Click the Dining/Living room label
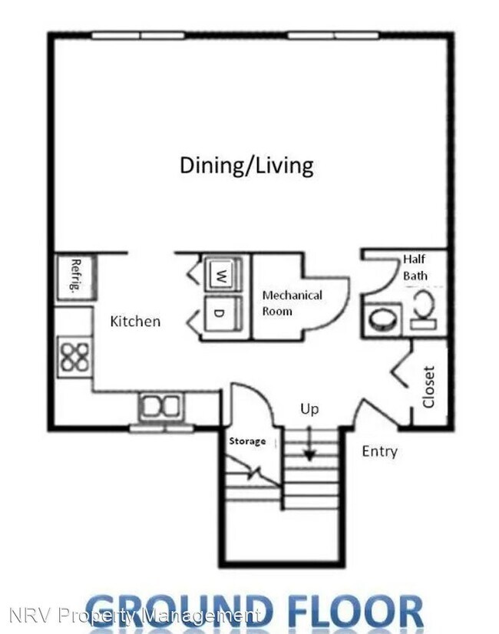tap(246, 165)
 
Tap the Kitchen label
tap(135, 321)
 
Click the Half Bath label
tap(415, 267)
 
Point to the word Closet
tap(428, 387)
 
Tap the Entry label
tap(379, 451)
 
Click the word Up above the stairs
tap(309, 409)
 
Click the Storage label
tap(247, 441)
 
